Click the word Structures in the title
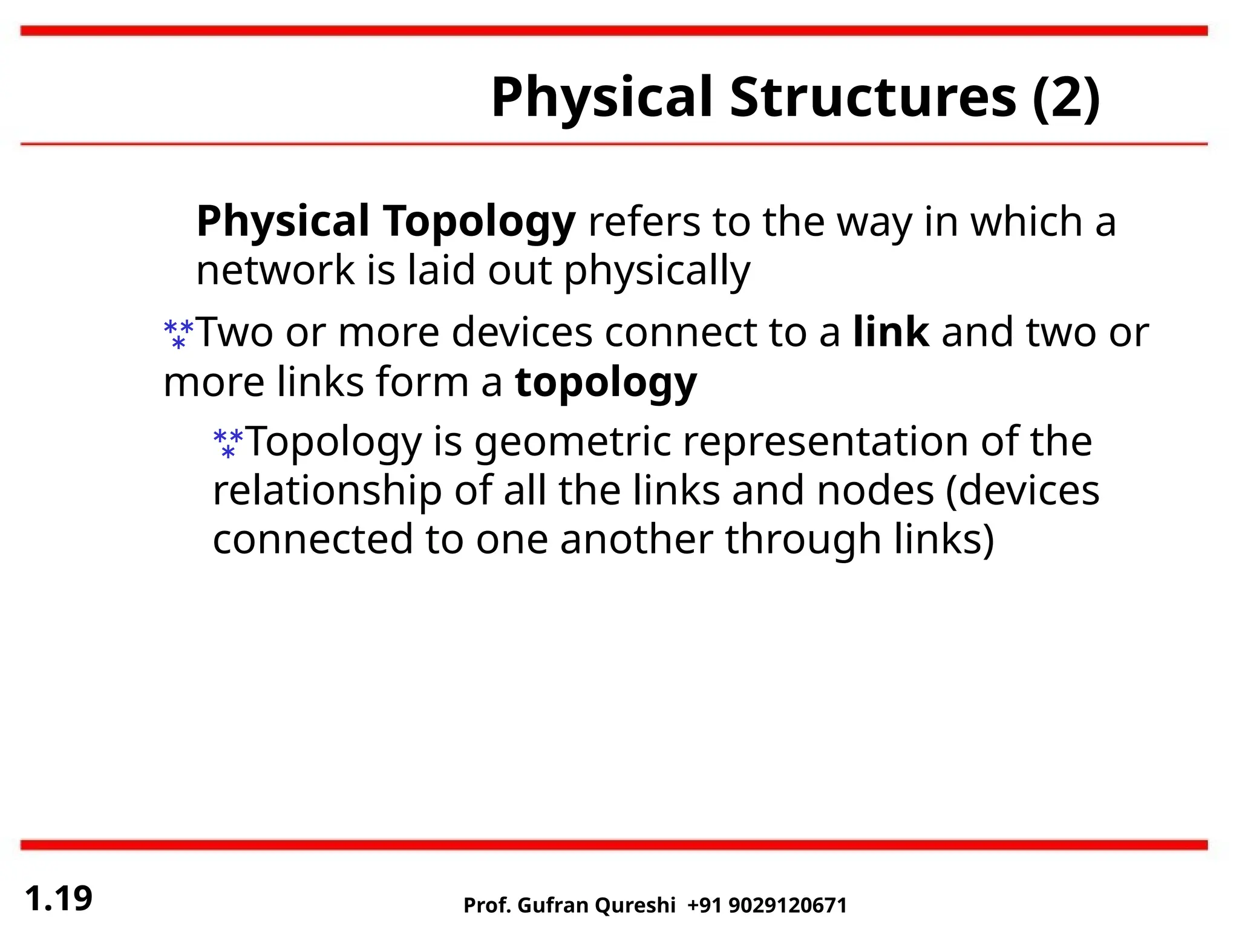pyautogui.click(x=873, y=98)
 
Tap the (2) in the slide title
pyautogui.click(x=1066, y=98)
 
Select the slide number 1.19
pyautogui.click(x=59, y=898)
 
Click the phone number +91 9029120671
pyautogui.click(x=767, y=905)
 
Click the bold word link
pyautogui.click(x=891, y=332)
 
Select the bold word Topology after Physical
pyautogui.click(x=479, y=222)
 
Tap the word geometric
pyautogui.click(x=572, y=442)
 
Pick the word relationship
pyautogui.click(x=327, y=491)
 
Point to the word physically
pyautogui.click(x=657, y=271)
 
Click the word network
pyautogui.click(x=275, y=270)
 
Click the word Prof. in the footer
pyautogui.click(x=487, y=905)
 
